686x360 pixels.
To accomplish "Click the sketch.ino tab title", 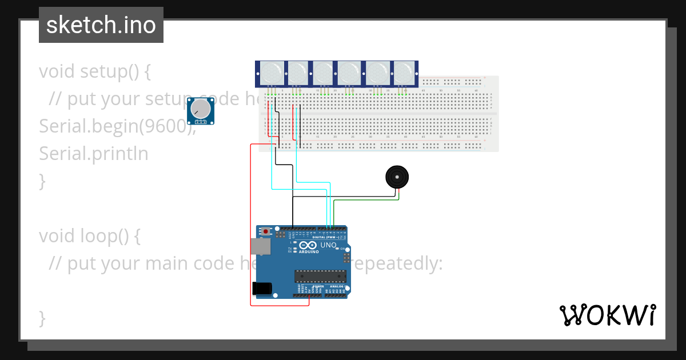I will coord(101,25).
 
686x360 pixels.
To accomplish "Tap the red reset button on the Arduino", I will coord(266,231).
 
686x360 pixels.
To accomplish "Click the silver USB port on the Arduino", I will coord(260,246).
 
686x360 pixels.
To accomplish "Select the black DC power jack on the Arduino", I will coord(261,289).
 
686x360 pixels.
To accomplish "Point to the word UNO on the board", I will coord(329,245).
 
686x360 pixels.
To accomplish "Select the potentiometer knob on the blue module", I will coord(201,109).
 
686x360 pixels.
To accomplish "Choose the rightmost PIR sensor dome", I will coord(404,73).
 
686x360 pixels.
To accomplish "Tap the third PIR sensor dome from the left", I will coord(324,73).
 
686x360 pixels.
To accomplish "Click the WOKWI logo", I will coord(607,315).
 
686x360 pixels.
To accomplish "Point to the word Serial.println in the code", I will coord(94,153).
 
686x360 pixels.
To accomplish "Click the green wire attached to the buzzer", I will coord(366,200).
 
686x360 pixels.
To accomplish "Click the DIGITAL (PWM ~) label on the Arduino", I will coord(327,237).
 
